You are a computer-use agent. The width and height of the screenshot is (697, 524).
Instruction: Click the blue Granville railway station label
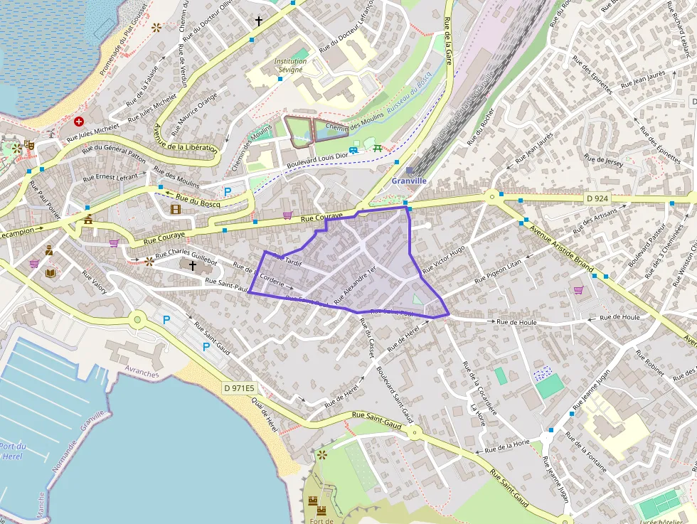[409, 181]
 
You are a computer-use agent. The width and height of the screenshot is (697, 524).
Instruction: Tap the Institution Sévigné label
[291, 65]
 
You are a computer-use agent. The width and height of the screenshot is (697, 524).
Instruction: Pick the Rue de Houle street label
[516, 322]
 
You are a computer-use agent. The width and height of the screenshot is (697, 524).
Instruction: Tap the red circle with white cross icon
[79, 122]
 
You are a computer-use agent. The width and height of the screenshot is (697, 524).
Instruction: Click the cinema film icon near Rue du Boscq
[176, 208]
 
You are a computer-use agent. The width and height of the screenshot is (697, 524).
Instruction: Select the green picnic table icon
[376, 147]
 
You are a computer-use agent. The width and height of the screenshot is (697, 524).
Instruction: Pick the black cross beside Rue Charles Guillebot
[192, 264]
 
